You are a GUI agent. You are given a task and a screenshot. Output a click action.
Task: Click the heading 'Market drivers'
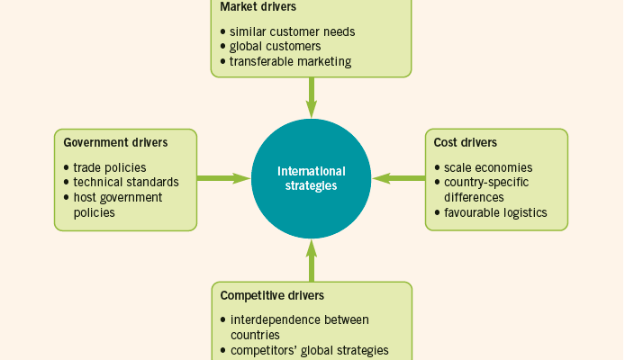click(258, 7)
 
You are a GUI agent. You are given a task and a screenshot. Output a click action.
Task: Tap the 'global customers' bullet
click(275, 47)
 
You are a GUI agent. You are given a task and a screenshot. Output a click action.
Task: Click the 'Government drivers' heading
click(115, 142)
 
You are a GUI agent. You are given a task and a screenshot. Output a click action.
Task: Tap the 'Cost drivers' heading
click(466, 142)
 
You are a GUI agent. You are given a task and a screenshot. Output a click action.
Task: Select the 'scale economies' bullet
click(488, 167)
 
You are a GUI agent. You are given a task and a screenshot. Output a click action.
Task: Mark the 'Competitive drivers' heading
click(272, 295)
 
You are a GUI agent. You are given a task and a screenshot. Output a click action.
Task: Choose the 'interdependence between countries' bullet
click(300, 327)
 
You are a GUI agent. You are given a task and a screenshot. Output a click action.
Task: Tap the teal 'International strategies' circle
click(312, 178)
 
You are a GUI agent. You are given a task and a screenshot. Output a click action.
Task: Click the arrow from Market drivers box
click(312, 96)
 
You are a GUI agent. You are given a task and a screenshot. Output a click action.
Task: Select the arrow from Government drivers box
click(223, 178)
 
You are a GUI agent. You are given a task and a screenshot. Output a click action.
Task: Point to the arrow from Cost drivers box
click(399, 178)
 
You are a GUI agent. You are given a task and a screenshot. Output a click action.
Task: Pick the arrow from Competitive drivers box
click(312, 261)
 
